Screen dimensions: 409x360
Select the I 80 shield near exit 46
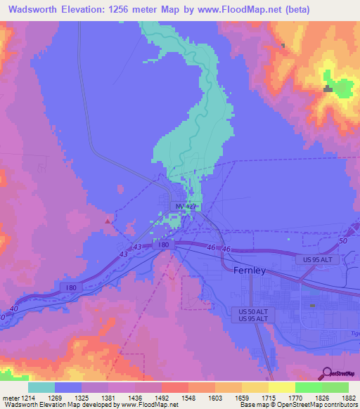(x=164, y=245)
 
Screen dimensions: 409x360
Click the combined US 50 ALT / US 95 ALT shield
(x=250, y=314)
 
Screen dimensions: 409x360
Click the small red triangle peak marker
(x=107, y=221)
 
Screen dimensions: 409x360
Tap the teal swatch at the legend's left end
(x=41, y=387)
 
